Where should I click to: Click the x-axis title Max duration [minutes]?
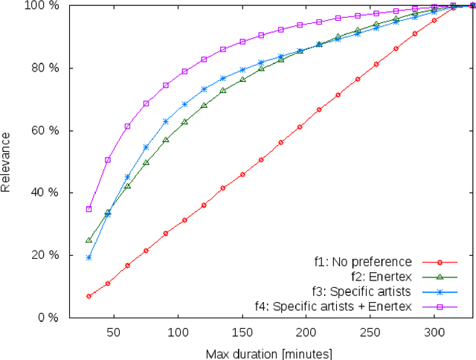tap(268, 353)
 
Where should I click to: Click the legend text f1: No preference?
tap(362, 262)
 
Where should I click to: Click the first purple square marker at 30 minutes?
tap(89, 209)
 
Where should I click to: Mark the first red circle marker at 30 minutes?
tap(89, 296)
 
